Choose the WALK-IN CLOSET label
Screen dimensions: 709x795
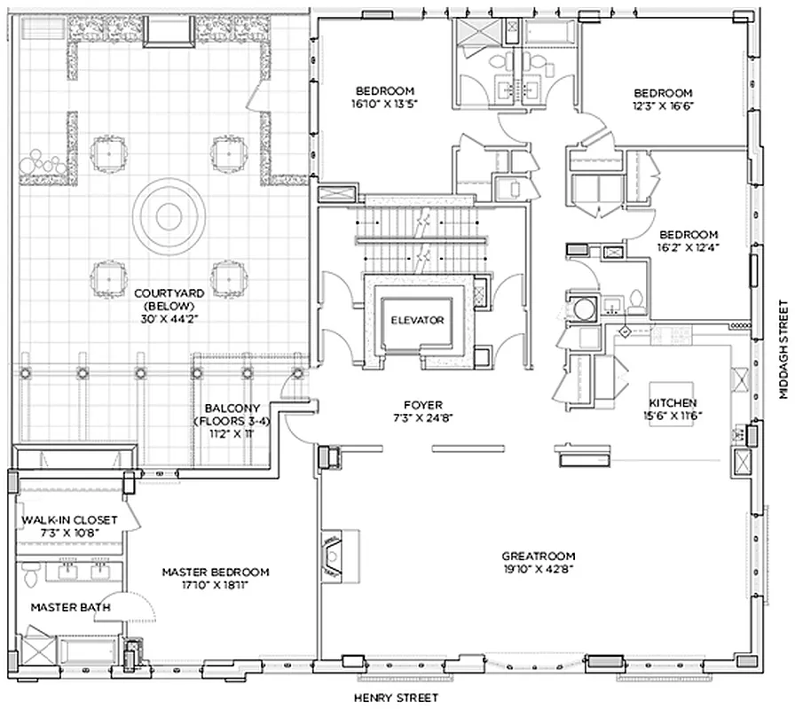(x=69, y=520)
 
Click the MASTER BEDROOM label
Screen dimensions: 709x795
(x=215, y=573)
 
